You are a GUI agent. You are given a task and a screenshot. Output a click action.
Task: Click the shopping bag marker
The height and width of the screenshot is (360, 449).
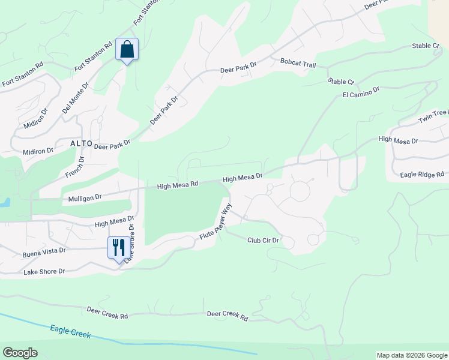[x=127, y=49]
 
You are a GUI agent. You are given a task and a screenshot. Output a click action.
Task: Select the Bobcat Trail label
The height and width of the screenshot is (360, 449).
[x=297, y=62]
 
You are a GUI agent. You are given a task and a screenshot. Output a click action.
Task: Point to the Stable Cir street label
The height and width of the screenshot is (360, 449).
[x=426, y=46]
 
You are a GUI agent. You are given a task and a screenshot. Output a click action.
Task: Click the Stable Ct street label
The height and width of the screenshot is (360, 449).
[x=341, y=81]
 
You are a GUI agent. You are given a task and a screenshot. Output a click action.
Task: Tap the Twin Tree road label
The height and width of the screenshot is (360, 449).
[x=433, y=116]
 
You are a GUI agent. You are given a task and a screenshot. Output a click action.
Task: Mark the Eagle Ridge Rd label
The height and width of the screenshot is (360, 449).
[x=422, y=175]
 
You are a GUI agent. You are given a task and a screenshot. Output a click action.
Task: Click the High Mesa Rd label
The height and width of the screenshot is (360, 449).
[x=177, y=186]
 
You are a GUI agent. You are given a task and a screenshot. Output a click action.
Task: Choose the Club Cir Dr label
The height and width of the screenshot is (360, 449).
[x=264, y=240]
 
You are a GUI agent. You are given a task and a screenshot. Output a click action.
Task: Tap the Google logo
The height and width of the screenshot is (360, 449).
[x=20, y=353]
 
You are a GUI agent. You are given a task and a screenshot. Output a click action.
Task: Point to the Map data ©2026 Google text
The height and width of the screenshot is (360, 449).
[x=412, y=355]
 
